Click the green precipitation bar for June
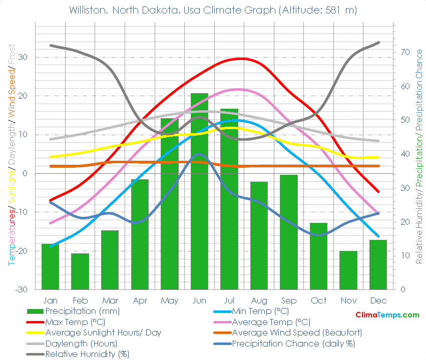[x=199, y=200]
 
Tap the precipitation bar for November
[x=348, y=270]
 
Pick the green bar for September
[x=289, y=232]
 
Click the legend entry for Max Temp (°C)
[x=75, y=321]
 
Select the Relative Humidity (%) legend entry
[x=87, y=354]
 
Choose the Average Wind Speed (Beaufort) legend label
[x=297, y=332]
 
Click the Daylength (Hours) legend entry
[x=81, y=343]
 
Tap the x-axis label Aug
[x=259, y=300]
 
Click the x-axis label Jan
[x=50, y=300]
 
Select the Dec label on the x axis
[x=378, y=300]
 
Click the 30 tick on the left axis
[x=23, y=57]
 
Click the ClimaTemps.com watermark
[x=387, y=315]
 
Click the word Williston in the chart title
[x=89, y=10]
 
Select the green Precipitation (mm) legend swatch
[x=35, y=311]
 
